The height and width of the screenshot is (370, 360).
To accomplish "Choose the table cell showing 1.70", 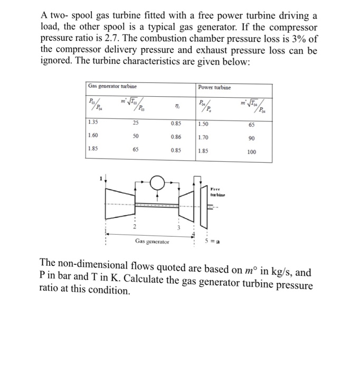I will (x=204, y=137).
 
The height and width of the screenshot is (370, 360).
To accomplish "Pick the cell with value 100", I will (x=252, y=152).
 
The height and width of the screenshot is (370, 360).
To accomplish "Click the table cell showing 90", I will (x=252, y=139).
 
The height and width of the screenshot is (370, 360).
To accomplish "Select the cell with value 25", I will (x=135, y=123).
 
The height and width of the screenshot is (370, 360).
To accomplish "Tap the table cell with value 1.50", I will (x=204, y=124).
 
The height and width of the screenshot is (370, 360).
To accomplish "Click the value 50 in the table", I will (x=135, y=136).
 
